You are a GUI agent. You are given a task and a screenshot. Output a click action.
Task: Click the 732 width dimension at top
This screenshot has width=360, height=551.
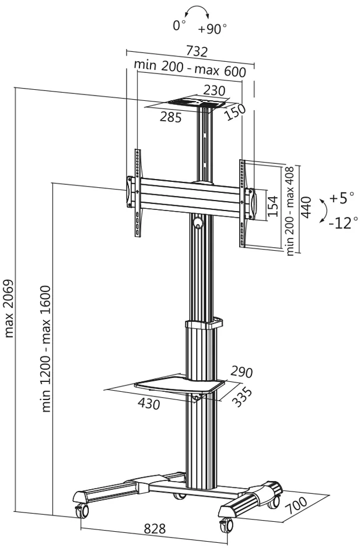coord(197,52)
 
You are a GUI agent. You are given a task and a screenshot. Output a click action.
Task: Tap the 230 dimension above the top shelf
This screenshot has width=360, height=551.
coord(214,90)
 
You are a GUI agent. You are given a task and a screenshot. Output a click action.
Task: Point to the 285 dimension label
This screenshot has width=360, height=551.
coord(170,117)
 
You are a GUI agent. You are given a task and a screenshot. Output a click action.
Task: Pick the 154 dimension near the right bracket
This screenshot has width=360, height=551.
coord(273,206)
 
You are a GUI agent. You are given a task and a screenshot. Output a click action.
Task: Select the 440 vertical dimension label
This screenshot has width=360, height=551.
coord(306,208)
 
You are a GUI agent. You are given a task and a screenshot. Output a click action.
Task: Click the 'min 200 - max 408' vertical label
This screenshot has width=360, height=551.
coord(289,211)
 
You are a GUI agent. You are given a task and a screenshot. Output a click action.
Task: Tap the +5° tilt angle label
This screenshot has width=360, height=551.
coord(342,198)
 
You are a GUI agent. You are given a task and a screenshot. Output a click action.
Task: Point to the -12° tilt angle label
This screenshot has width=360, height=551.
coord(344,222)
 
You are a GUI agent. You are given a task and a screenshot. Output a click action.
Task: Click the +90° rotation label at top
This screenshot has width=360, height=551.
coord(212,29)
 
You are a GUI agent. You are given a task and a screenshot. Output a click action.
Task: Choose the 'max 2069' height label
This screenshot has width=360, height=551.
coord(9,308)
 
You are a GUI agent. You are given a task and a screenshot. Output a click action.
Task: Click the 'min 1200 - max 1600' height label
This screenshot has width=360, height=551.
coord(46,349)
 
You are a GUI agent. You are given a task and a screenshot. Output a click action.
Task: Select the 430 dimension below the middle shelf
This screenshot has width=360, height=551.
coord(148,403)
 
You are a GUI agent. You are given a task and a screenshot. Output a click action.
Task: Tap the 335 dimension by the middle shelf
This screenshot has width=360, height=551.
coord(242,396)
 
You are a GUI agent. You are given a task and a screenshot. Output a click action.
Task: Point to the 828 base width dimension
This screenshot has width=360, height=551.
coord(155,528)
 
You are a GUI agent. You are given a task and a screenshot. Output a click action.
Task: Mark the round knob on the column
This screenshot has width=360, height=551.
coord(198,223)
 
